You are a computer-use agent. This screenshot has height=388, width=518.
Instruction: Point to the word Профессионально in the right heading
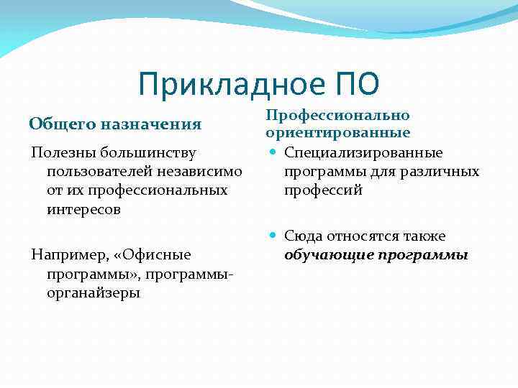click(337, 115)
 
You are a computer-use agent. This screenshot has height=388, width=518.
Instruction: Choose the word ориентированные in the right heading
click(337, 133)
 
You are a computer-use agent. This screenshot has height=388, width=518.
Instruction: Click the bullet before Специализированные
click(272, 152)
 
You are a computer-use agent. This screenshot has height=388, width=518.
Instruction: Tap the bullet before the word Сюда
click(272, 236)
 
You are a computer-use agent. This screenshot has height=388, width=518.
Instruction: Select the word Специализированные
click(363, 152)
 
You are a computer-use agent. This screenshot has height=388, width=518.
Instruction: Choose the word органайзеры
click(94, 293)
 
